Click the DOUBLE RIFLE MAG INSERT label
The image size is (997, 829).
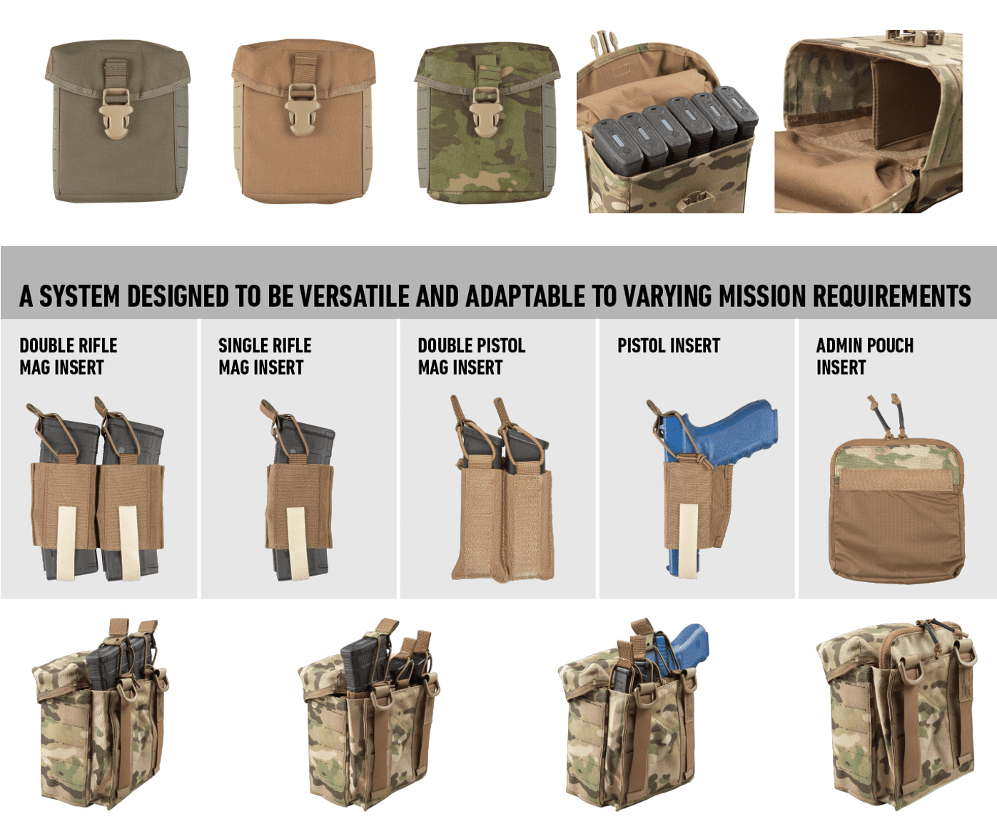[x=68, y=356]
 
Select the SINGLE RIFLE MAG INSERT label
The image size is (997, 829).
[x=264, y=356]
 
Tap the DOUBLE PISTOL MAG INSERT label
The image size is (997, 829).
[x=471, y=356]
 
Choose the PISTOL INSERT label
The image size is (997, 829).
[x=668, y=346]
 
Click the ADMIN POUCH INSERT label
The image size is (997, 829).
[x=864, y=356]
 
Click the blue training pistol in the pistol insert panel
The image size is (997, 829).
[x=721, y=435]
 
